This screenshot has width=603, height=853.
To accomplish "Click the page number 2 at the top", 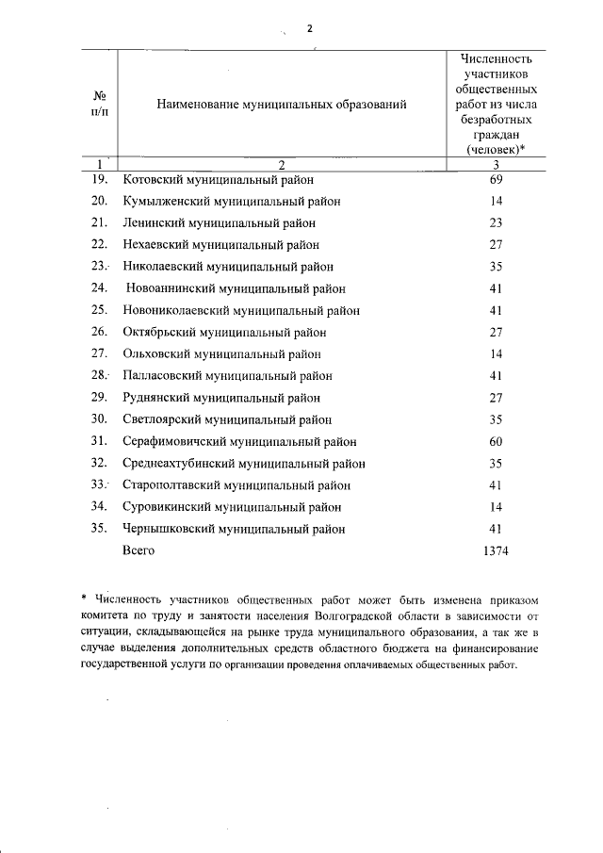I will [309, 28].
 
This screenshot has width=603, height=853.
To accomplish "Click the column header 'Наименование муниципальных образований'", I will [282, 106].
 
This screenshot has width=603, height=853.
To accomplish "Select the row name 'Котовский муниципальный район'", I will [218, 179].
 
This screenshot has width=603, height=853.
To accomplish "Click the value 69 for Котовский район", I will [495, 179].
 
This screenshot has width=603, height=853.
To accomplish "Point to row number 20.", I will [99, 201].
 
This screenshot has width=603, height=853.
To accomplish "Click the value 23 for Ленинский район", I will [495, 222].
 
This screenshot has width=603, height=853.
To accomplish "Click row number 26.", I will [99, 332].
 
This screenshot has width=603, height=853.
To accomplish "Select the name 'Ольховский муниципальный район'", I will [221, 354].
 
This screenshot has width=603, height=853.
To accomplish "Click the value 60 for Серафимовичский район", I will [495, 441].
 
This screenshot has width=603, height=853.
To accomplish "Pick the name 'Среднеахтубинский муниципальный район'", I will [244, 464].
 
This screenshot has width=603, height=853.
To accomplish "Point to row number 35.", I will [99, 529].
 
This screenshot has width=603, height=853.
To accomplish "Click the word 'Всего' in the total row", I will [139, 550].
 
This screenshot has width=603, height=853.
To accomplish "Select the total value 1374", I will [495, 550].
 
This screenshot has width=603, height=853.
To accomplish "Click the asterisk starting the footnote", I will [85, 598].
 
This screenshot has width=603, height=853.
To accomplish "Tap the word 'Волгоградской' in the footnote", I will [345, 615].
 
